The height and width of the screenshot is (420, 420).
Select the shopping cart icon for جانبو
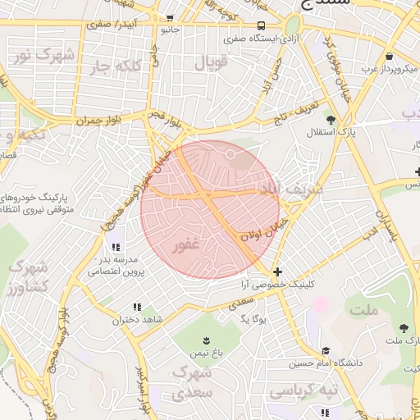(x=169, y=18)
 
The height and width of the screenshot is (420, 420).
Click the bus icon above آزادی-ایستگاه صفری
(x=261, y=25)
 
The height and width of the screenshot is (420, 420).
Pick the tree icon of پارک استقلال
(x=331, y=120)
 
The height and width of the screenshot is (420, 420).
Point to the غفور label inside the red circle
(x=185, y=244)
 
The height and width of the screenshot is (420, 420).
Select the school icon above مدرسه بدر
(x=116, y=246)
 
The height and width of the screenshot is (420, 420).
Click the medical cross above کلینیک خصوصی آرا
(x=277, y=272)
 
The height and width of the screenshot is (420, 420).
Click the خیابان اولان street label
(x=260, y=229)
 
